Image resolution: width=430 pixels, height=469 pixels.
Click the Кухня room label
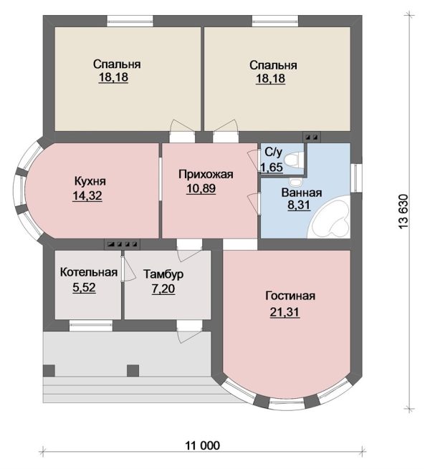90,181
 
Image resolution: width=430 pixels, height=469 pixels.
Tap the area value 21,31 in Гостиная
285,312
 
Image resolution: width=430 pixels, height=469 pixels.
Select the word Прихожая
206,174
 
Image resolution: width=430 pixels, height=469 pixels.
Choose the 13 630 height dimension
403,212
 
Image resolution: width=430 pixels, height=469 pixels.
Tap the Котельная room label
89,272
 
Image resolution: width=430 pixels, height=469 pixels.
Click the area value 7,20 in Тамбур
163,289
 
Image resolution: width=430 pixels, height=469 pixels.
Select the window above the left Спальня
130,21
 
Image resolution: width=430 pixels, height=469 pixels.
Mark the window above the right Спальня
275,21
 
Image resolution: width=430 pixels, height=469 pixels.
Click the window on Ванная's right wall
356,178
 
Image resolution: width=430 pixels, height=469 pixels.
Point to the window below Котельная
91,325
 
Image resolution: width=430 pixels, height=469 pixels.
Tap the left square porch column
49,371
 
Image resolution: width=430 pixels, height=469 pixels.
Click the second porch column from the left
133,371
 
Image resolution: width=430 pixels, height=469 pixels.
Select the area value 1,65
272,168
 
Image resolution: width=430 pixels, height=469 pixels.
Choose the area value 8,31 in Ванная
299,206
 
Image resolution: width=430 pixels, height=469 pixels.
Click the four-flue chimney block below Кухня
122,244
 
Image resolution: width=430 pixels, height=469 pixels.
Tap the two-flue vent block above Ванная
312,137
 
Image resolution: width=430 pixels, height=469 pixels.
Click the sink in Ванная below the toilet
296,181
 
